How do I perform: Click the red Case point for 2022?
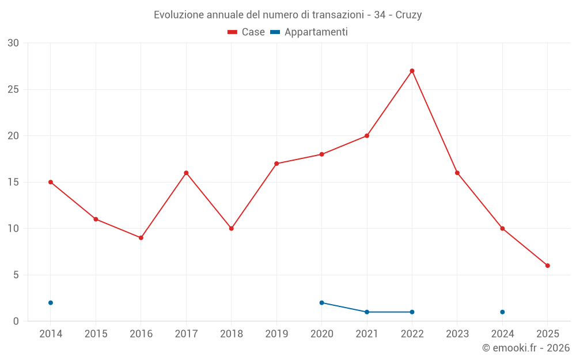pyautogui.click(x=412, y=71)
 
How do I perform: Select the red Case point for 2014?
pyautogui.click(x=51, y=182)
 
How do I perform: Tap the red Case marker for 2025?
pyautogui.click(x=548, y=266)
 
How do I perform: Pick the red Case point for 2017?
pyautogui.click(x=186, y=173)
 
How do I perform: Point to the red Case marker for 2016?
pyautogui.click(x=141, y=238)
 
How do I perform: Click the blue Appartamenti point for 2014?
pyautogui.click(x=51, y=302)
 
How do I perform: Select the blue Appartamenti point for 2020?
pyautogui.click(x=321, y=302)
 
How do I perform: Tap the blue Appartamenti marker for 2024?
pyautogui.click(x=502, y=312)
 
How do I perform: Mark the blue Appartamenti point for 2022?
pyautogui.click(x=412, y=312)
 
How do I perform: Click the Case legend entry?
pyautogui.click(x=246, y=32)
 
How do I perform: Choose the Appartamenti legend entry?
pyautogui.click(x=309, y=32)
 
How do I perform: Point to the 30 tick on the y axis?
pyautogui.click(x=13, y=43)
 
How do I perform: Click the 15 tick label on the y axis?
pyautogui.click(x=13, y=182)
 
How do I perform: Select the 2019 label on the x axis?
pyautogui.click(x=276, y=334)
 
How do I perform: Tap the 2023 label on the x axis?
pyautogui.click(x=457, y=334)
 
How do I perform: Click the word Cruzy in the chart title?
pyautogui.click(x=408, y=15)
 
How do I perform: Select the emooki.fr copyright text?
pyautogui.click(x=526, y=348)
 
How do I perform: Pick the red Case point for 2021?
pyautogui.click(x=367, y=136)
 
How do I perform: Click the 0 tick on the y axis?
pyautogui.click(x=16, y=321)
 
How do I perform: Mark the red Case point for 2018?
pyautogui.click(x=232, y=229)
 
